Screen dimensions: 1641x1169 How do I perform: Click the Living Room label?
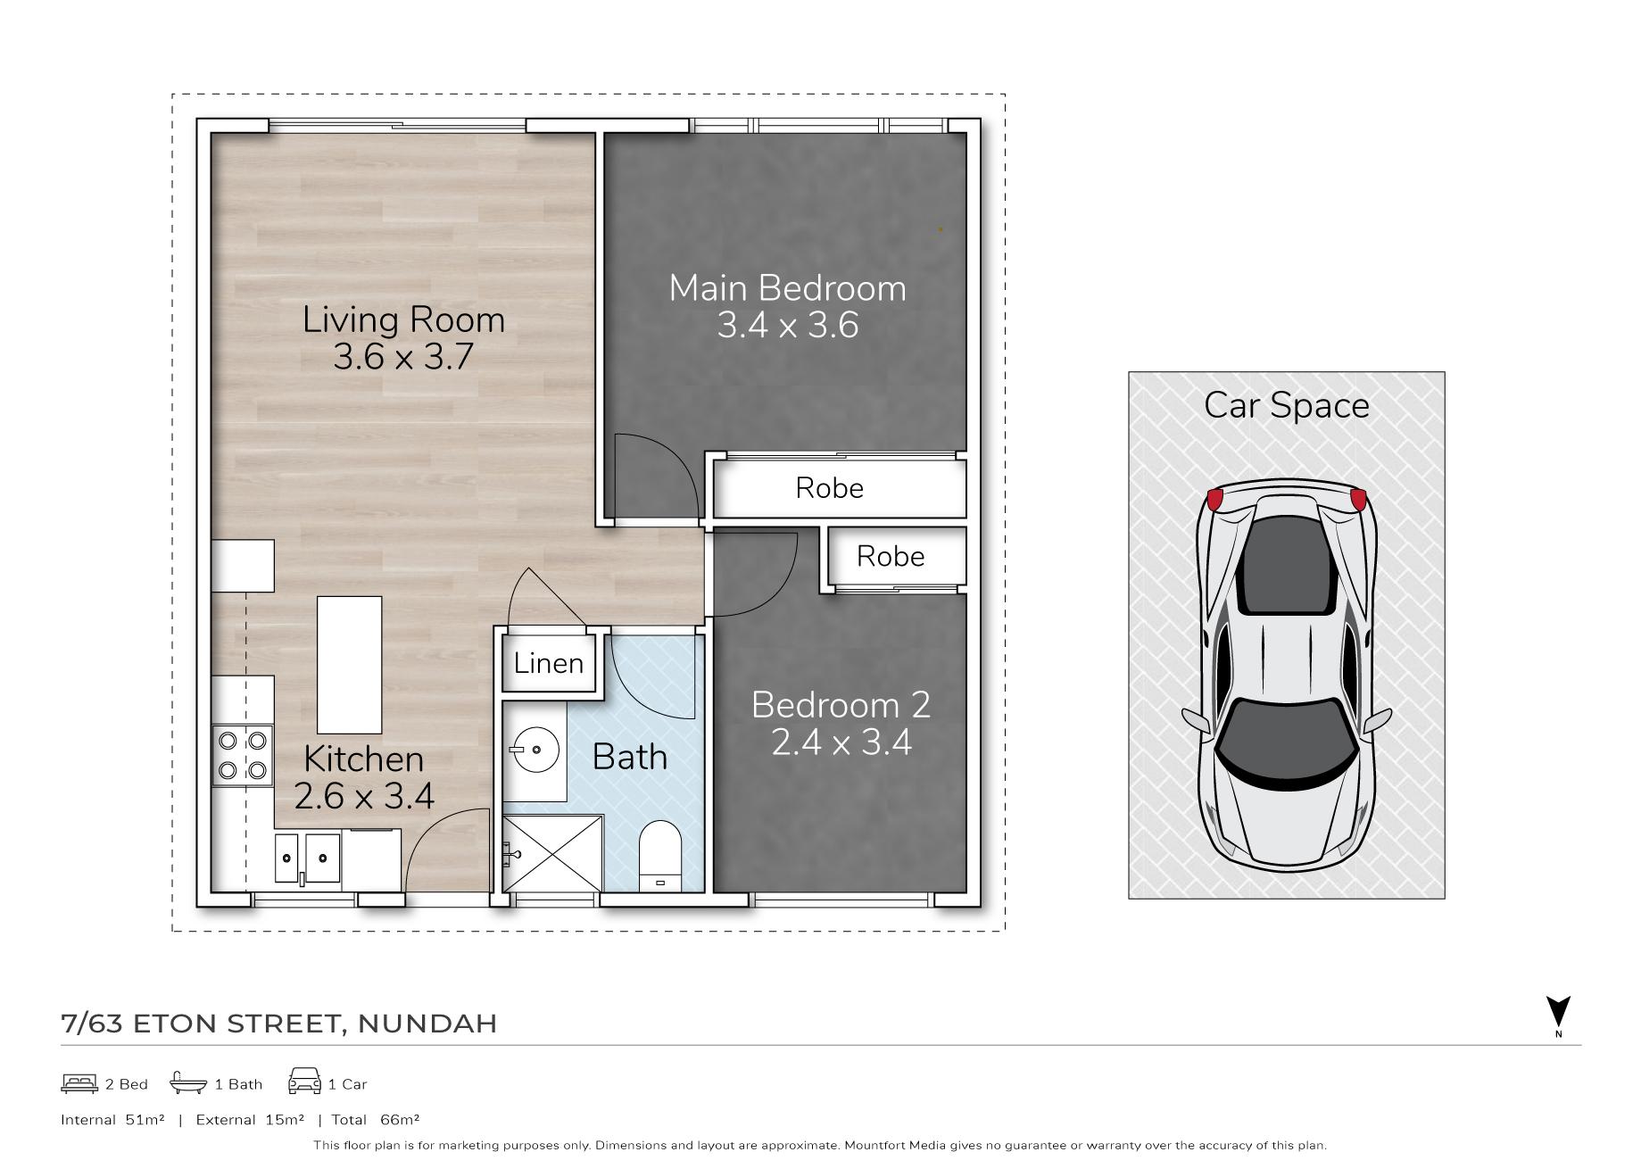tap(403, 319)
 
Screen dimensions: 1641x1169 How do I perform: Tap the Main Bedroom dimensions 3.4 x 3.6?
tap(787, 325)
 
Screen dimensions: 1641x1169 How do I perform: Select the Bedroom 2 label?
tap(841, 705)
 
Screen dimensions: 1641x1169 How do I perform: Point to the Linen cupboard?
tap(549, 662)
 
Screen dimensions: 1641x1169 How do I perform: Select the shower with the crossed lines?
tap(552, 853)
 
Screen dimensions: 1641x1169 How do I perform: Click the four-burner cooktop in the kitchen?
tap(243, 756)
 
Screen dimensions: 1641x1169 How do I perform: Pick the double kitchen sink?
tap(307, 858)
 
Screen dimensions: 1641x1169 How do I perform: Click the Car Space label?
tap(1286, 406)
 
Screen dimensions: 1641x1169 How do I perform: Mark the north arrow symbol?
tap(1558, 1012)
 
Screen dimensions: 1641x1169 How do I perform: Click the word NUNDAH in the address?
tap(427, 1024)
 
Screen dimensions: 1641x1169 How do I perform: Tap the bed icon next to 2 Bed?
tap(79, 1083)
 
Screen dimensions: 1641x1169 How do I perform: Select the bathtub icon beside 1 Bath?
tap(188, 1083)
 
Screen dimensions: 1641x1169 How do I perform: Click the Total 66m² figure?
tap(376, 1120)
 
